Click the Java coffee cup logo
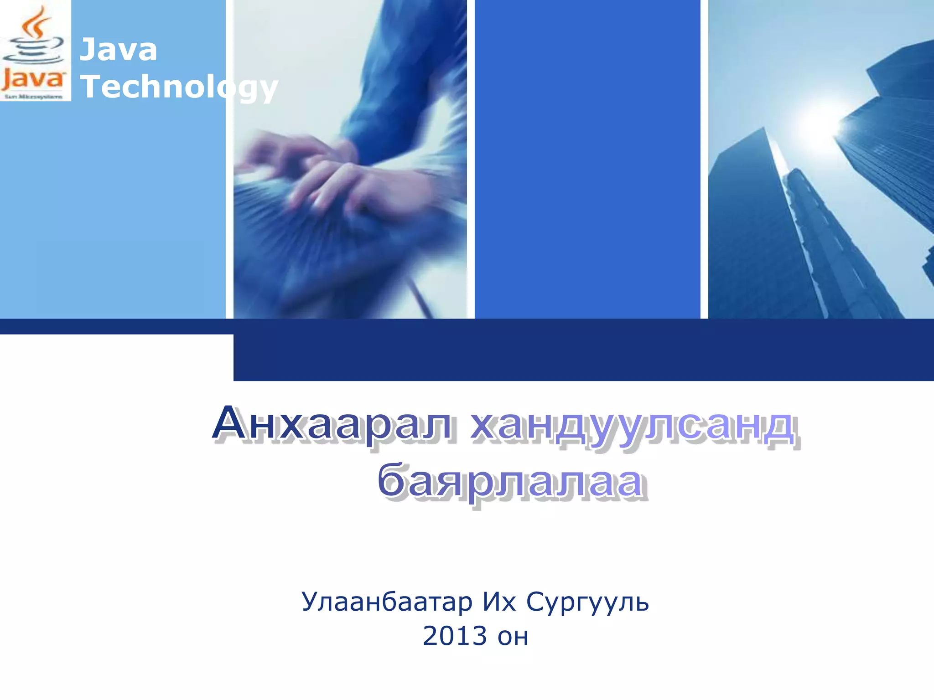35,50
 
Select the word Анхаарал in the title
333,424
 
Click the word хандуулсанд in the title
634,426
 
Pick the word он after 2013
513,637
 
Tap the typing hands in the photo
337,178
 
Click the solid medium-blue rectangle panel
587,160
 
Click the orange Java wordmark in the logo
33,80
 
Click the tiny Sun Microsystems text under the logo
33,97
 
